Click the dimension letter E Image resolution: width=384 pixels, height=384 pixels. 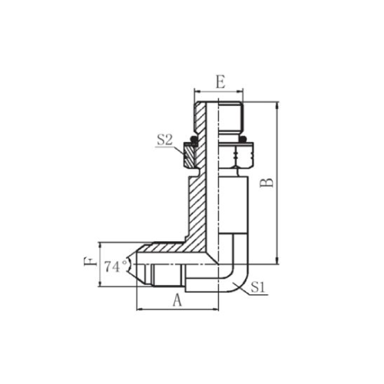click(x=220, y=82)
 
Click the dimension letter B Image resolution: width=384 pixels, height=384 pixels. click(x=266, y=183)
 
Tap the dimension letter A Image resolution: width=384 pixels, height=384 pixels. click(x=177, y=300)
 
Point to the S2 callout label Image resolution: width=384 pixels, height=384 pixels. click(x=165, y=141)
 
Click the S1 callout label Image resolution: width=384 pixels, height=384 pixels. click(x=257, y=288)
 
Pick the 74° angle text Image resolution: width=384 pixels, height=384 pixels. click(x=115, y=266)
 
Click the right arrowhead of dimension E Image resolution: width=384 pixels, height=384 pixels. click(x=240, y=91)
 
